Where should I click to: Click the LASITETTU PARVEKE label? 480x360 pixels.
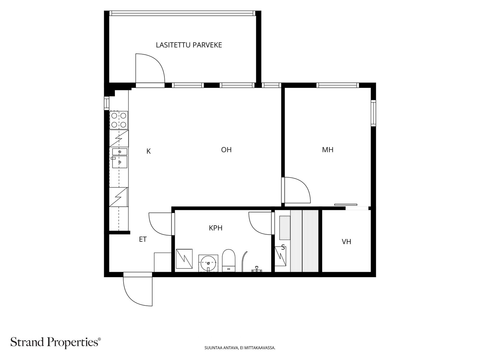(x=189, y=45)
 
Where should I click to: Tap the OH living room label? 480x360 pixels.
(x=226, y=150)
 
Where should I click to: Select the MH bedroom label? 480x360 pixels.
(x=328, y=150)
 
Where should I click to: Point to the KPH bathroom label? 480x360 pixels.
(x=216, y=228)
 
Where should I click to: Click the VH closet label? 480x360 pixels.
(x=346, y=242)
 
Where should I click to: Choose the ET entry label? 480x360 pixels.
(x=143, y=239)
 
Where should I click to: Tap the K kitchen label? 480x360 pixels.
(x=148, y=151)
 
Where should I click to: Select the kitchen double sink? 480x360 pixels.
(x=120, y=158)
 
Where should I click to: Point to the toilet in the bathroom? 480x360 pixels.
(x=229, y=260)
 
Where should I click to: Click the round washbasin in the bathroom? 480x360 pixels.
(x=208, y=263)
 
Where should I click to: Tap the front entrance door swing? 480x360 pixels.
(x=138, y=289)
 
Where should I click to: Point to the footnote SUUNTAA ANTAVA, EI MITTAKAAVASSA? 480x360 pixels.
(x=240, y=348)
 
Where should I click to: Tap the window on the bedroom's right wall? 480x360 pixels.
(x=373, y=113)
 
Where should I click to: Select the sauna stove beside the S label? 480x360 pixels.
(x=280, y=256)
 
